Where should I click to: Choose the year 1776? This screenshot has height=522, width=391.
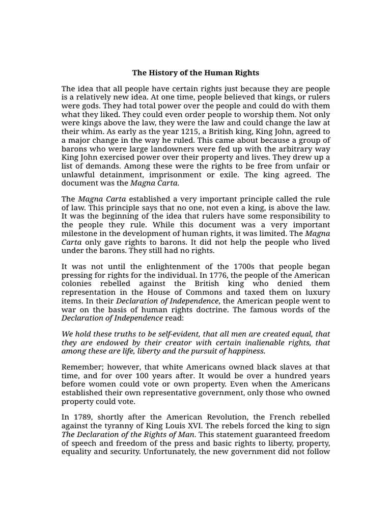[x=208, y=276]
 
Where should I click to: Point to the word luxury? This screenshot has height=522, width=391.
[x=317, y=292]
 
